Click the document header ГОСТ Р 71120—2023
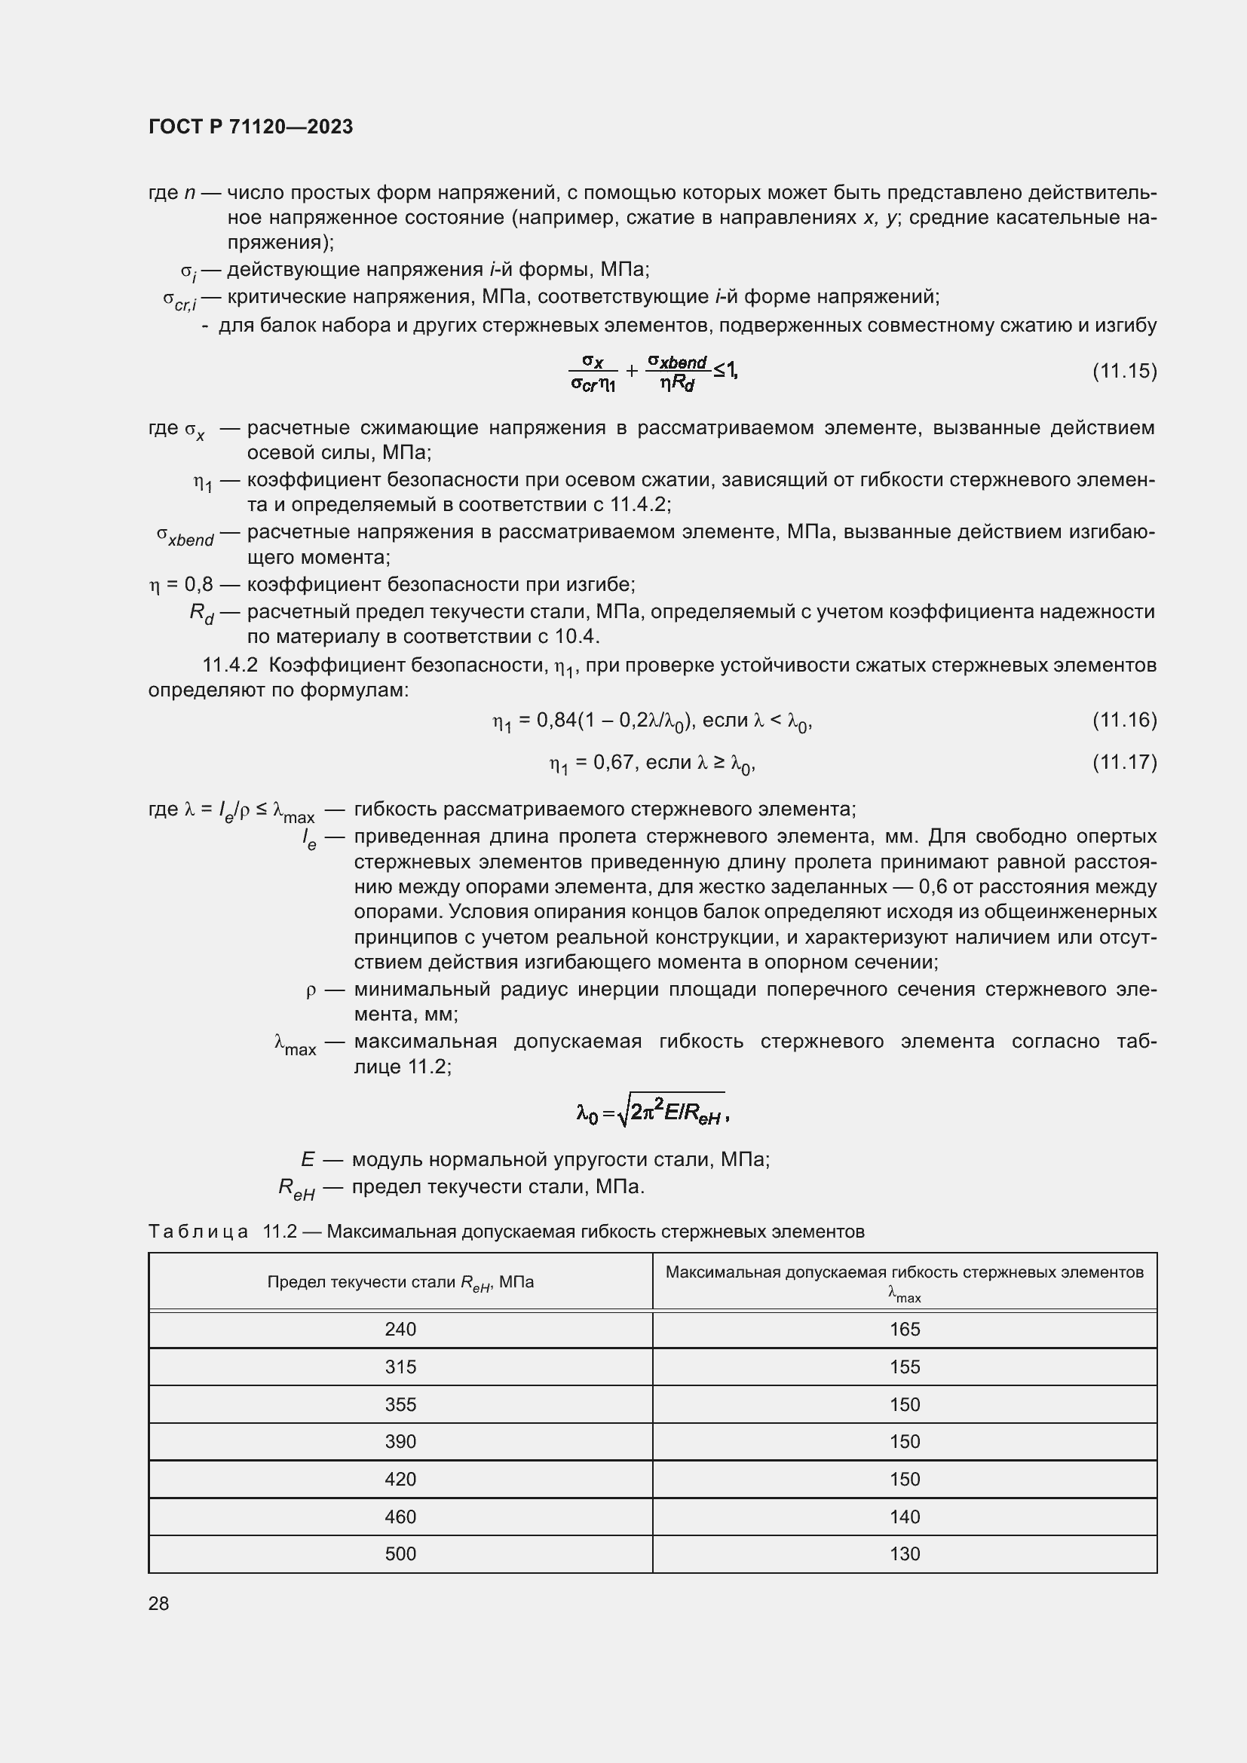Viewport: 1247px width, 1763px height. (x=250, y=127)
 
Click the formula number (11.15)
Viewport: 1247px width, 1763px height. (x=1124, y=372)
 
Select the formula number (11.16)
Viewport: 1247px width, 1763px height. (x=1124, y=720)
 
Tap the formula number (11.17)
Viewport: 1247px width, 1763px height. (x=1124, y=762)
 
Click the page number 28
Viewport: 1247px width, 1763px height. (x=159, y=1603)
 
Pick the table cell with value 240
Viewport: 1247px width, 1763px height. (x=400, y=1329)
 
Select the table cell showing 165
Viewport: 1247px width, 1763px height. (x=905, y=1329)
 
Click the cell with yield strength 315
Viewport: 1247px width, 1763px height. (x=400, y=1367)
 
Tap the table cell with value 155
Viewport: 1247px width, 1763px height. (x=905, y=1367)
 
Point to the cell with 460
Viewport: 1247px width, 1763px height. (x=400, y=1517)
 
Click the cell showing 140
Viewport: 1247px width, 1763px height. (x=905, y=1517)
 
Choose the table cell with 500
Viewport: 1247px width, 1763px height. (x=400, y=1553)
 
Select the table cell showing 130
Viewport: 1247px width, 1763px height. (x=905, y=1553)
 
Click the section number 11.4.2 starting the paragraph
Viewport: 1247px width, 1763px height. (x=230, y=664)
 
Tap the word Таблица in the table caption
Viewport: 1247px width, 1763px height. (x=198, y=1232)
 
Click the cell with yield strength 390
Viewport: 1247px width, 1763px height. (x=400, y=1441)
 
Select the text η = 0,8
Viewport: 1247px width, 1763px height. (x=180, y=584)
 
